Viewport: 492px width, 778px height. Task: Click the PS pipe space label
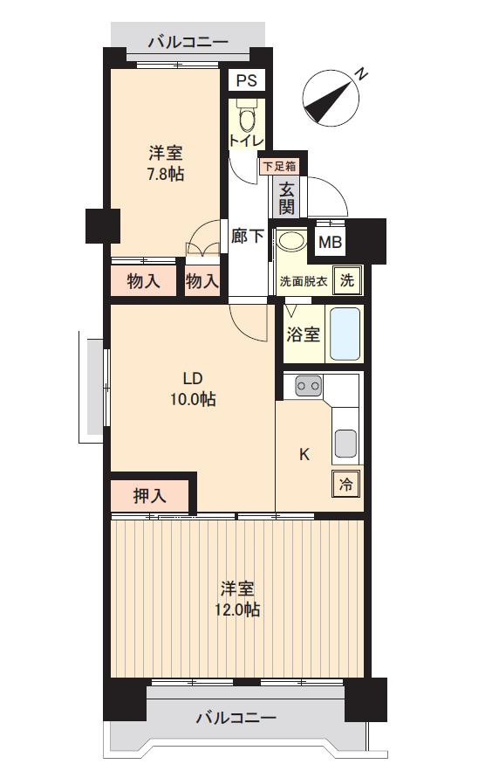coord(246,79)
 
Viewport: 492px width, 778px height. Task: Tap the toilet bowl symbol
coord(246,117)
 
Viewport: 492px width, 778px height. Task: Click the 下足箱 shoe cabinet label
coord(279,166)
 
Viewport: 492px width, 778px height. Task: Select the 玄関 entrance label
coord(286,197)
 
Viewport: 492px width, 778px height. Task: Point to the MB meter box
coord(330,242)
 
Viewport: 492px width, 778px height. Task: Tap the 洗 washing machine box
coord(347,280)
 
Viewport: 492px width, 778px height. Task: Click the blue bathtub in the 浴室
coord(345,334)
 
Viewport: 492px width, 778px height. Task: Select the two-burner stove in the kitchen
coord(308,385)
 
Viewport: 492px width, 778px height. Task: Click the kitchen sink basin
coord(345,443)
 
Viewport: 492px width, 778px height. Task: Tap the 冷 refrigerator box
coord(345,483)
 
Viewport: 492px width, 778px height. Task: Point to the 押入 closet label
coord(149,495)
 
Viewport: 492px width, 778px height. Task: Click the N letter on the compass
coord(362,74)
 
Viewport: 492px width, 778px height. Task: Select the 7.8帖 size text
coord(166,174)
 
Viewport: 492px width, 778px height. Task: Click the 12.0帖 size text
coord(237,609)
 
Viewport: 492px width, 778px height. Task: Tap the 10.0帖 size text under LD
coord(194,398)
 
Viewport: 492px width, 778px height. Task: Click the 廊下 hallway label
coord(247,236)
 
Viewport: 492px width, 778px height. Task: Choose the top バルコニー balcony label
coord(188,42)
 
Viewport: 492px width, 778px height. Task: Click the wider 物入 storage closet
coord(143,281)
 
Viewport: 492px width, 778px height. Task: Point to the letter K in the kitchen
coord(304,454)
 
